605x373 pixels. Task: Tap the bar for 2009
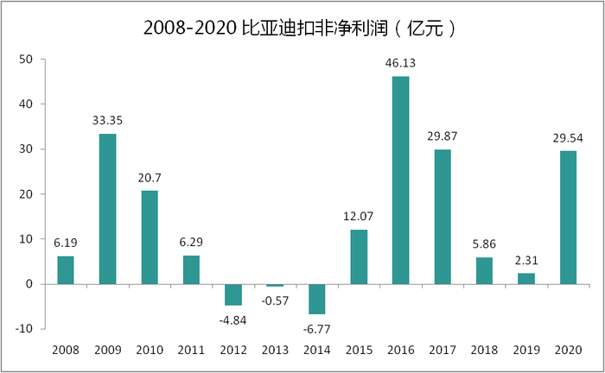[x=107, y=208]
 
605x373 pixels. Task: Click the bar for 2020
[x=568, y=217]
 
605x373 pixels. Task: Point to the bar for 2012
[x=232, y=294]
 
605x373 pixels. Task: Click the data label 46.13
[x=400, y=63]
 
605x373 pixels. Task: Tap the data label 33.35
[x=107, y=120]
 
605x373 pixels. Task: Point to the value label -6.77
[x=316, y=328]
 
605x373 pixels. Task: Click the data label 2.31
[x=526, y=260]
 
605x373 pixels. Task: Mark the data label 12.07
[x=359, y=216]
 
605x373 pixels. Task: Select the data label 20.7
[x=149, y=177]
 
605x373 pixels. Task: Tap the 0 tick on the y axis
[x=30, y=284]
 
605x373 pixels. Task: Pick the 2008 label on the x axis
[x=66, y=350]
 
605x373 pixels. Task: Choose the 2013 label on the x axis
[x=275, y=350]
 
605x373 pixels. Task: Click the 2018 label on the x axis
[x=484, y=350]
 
